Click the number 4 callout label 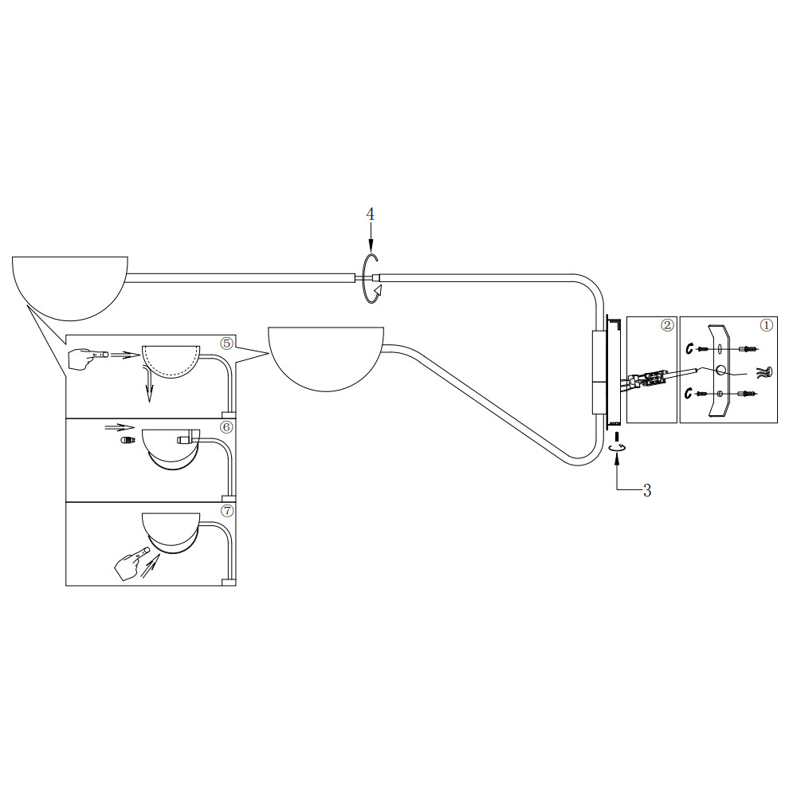[370, 214]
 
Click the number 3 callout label [646, 490]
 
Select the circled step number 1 [767, 325]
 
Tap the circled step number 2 [667, 325]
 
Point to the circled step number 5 [226, 344]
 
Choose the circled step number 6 [226, 427]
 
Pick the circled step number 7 [226, 511]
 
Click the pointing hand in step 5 [88, 359]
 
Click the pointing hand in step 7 [132, 563]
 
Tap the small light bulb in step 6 [127, 440]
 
